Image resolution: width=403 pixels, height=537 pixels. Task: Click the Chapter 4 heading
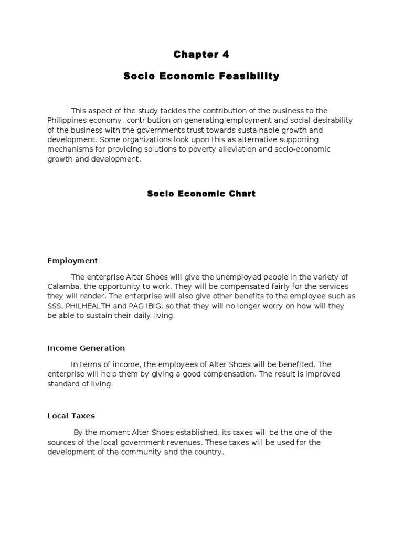pos(201,55)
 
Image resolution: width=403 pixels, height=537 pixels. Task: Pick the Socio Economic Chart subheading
pos(201,194)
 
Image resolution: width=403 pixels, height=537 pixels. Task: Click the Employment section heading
pos(72,261)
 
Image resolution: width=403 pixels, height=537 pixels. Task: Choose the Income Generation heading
pos(86,348)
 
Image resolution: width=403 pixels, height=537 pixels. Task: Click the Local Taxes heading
pos(71,416)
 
